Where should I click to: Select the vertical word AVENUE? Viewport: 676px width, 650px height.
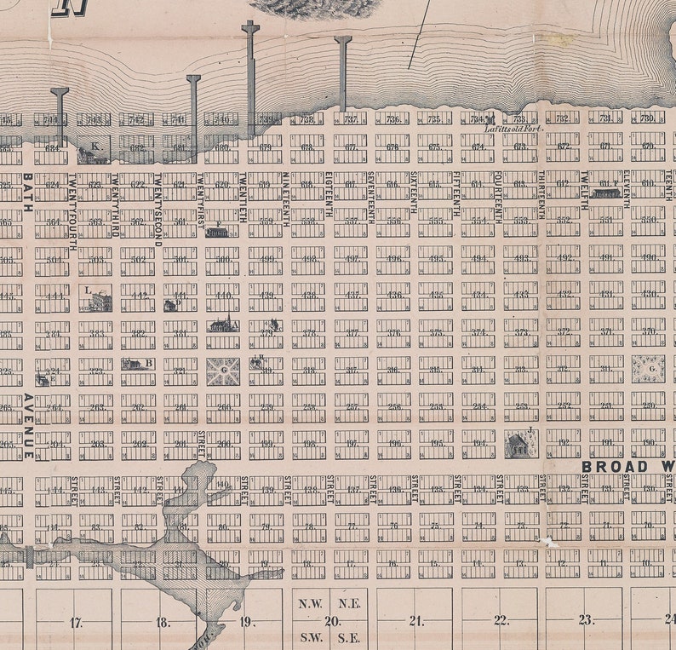point(28,426)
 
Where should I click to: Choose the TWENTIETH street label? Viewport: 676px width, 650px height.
point(243,198)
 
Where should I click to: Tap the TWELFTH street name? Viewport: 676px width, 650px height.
point(585,192)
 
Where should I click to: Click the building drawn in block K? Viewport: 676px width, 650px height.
point(92,155)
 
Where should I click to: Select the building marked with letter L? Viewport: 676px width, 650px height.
point(99,301)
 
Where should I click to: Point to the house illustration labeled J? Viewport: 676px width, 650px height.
point(517,445)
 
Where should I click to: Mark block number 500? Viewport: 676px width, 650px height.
point(223,259)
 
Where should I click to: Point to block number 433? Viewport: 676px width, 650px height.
point(521,295)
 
